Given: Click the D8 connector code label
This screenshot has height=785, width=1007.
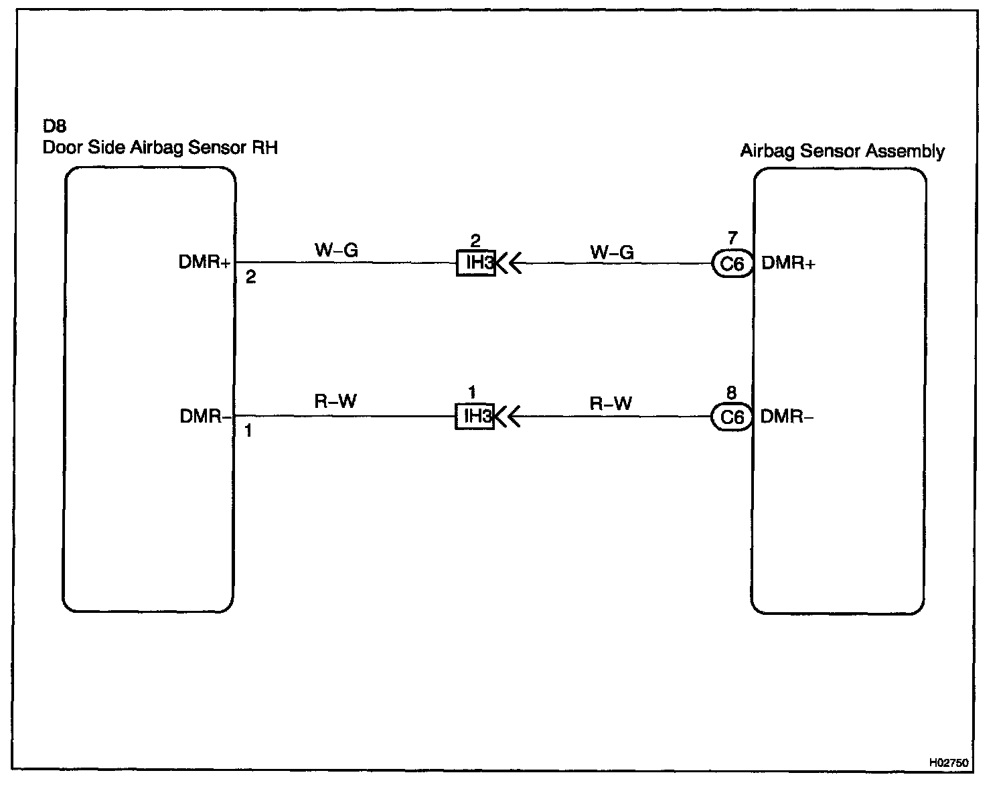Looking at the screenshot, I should click(54, 127).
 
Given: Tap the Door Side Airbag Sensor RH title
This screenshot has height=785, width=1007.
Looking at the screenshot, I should click(160, 147).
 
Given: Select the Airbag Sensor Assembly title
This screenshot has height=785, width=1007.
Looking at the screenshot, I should click(842, 151).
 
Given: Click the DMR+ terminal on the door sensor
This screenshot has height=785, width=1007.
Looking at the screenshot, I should click(204, 263).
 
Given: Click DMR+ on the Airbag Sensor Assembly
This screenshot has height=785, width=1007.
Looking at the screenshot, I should click(788, 263).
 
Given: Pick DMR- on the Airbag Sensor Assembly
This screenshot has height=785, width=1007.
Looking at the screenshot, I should click(787, 417).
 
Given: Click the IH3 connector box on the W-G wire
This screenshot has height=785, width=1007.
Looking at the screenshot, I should click(476, 263).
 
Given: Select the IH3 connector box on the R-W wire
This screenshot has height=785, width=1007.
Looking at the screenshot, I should click(475, 417).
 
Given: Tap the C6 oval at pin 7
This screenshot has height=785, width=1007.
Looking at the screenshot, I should click(732, 264).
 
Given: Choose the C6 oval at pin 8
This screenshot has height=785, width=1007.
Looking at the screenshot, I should click(732, 417).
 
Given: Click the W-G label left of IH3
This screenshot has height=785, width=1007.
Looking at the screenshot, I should click(336, 251).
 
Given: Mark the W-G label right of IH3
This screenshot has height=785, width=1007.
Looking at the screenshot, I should click(611, 253).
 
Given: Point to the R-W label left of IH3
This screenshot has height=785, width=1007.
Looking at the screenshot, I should click(335, 402).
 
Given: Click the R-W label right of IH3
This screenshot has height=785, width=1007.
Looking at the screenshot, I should click(611, 404).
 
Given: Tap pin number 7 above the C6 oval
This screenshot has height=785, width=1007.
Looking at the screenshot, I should click(732, 238).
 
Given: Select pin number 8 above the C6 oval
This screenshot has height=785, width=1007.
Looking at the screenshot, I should click(731, 393).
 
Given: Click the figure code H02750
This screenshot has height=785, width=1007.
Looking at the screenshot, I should click(947, 763).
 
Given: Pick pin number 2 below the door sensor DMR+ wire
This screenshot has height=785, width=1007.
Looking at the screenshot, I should click(250, 277).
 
